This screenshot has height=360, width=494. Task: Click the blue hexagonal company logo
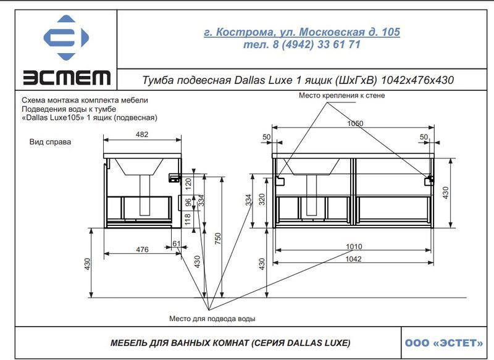pyautogui.click(x=66, y=38)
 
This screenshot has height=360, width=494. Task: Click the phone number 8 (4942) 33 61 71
pyautogui.click(x=316, y=44)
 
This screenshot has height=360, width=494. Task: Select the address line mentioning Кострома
pyautogui.click(x=302, y=32)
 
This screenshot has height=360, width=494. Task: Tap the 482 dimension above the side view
pyautogui.click(x=142, y=135)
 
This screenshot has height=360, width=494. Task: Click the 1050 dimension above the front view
pyautogui.click(x=355, y=123)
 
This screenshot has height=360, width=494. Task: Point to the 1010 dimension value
pyautogui.click(x=354, y=246)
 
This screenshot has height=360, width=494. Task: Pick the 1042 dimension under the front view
pyautogui.click(x=353, y=259)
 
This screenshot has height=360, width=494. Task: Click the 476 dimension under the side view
pyautogui.click(x=142, y=249)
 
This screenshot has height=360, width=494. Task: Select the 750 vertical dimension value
pyautogui.click(x=218, y=238)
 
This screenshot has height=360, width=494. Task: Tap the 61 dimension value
pyautogui.click(x=177, y=243)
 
